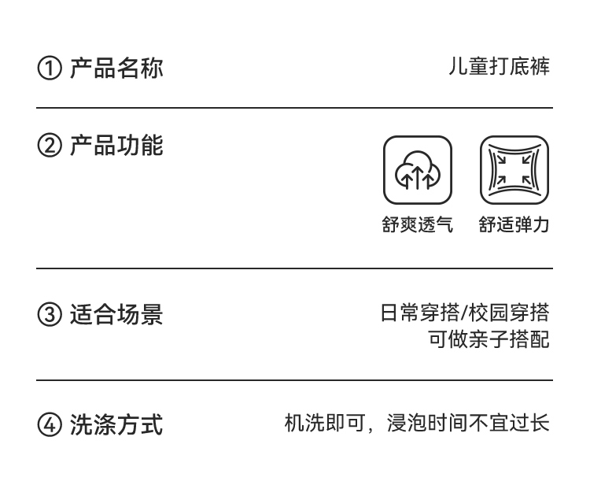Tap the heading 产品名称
(116, 68)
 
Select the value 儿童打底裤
(499, 67)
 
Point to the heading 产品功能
(116, 146)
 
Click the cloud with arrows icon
(418, 170)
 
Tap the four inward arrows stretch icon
(514, 170)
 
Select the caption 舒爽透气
(418, 225)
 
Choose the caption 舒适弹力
(514, 225)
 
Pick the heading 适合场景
(116, 315)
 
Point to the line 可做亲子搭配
(489, 340)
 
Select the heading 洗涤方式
(116, 425)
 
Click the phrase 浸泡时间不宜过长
(468, 424)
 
